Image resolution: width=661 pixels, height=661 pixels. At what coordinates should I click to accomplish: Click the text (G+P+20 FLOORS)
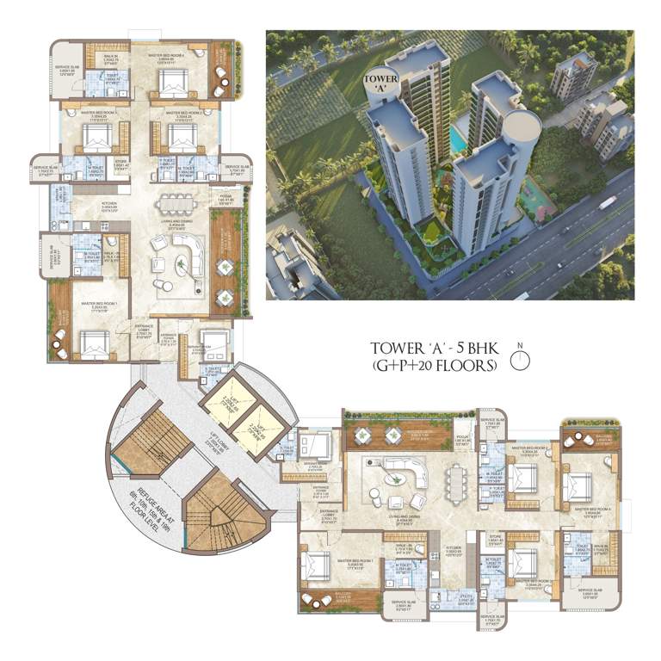[x=435, y=365]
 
